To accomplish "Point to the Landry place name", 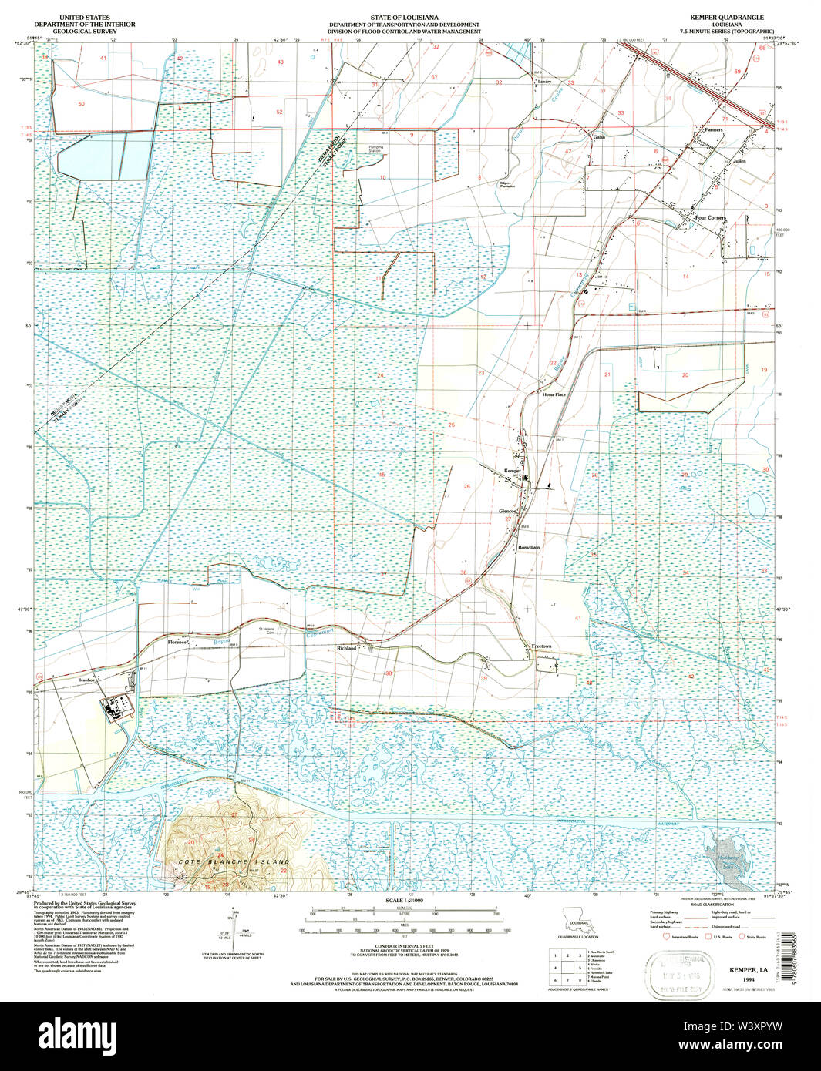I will (544, 81).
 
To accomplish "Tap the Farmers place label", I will (713, 130).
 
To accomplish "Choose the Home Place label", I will (554, 394).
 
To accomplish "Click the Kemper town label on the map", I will (513, 470).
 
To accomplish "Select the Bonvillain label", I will (529, 547).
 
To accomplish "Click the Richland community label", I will (346, 649).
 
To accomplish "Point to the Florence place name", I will (178, 642).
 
